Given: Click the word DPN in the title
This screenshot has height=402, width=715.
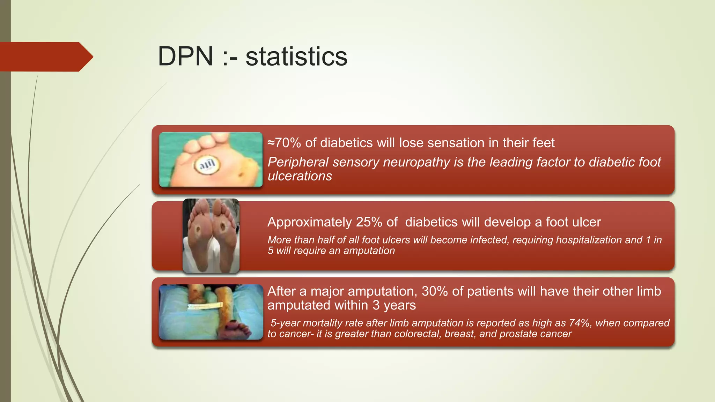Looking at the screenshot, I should click(185, 57).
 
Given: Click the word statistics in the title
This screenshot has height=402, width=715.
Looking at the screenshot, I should click(296, 57).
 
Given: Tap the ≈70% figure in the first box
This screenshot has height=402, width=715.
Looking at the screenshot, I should click(284, 143).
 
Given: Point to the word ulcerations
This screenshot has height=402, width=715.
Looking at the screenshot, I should click(300, 176).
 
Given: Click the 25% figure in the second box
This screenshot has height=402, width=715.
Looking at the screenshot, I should click(369, 222).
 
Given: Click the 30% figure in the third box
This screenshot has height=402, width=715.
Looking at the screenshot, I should click(435, 291).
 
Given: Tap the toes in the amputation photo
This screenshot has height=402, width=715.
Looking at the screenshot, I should click(237, 330).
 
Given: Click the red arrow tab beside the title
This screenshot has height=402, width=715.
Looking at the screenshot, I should click(45, 57).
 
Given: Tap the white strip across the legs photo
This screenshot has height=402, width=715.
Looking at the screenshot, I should click(205, 307).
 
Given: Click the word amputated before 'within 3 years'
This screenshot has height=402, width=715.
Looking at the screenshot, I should click(299, 305).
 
